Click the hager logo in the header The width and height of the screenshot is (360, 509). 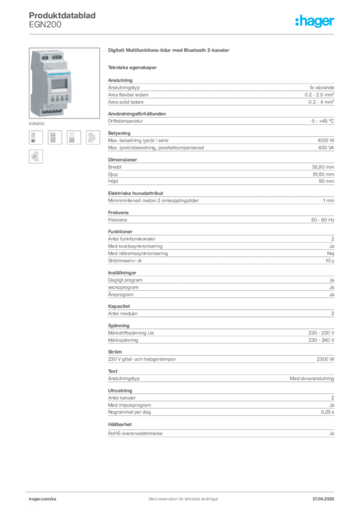(314, 21)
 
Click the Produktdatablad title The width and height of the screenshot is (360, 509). (62, 15)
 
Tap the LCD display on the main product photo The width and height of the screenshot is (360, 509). (59, 84)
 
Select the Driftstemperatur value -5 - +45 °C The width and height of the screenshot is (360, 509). (322, 121)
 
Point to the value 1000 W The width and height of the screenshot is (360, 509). (326, 140)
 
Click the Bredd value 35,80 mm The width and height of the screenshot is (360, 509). (323, 167)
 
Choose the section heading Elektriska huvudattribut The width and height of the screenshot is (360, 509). (135, 193)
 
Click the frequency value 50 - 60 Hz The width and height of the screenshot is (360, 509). (323, 220)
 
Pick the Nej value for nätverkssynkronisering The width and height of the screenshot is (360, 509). (331, 254)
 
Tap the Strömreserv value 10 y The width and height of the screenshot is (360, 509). (330, 260)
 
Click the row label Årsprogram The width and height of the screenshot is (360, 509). (121, 295)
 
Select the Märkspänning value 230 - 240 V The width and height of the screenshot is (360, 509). (321, 340)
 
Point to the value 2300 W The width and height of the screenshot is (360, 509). (326, 359)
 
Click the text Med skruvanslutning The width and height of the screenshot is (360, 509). (312, 378)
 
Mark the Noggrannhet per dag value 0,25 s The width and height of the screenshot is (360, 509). (328, 412)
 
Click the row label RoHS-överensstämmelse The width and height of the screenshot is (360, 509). (135, 433)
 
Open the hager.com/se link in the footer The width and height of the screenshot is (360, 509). (43, 499)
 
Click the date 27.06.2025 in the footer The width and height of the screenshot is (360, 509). (323, 499)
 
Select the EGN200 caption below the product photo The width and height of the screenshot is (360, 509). (36, 124)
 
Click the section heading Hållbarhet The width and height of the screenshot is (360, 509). (120, 424)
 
